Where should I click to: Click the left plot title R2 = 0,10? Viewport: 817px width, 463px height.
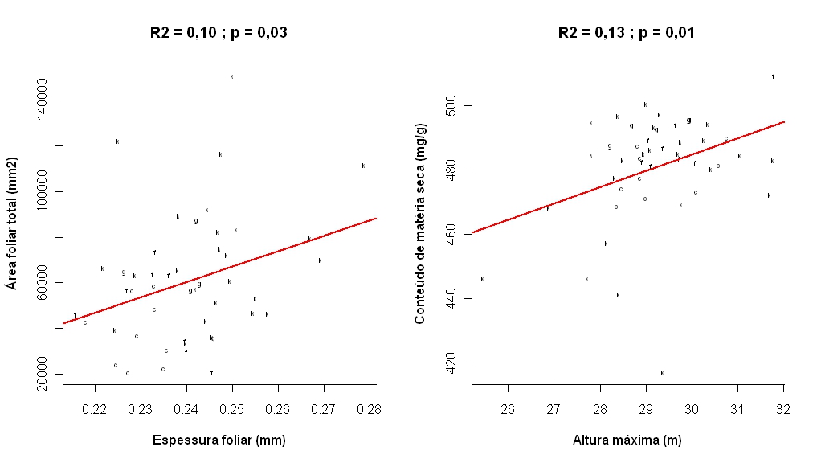click(219, 33)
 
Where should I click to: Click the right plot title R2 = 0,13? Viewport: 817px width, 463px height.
click(627, 33)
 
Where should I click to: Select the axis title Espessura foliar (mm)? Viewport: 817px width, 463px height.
click(219, 440)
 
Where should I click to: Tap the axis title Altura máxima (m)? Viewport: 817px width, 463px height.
click(627, 440)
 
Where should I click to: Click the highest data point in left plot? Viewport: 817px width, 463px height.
click(231, 76)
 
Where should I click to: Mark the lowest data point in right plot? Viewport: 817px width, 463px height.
click(662, 373)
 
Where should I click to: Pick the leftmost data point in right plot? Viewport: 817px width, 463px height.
click(482, 279)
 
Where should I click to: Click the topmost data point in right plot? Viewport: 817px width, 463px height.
click(773, 76)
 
